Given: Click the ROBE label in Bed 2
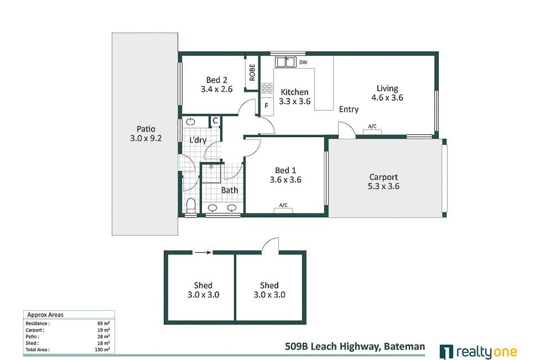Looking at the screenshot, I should (x=252, y=73).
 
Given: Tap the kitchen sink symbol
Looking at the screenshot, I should (x=285, y=62).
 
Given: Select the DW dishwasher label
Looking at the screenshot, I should (x=303, y=63).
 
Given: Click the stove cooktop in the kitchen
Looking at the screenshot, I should (x=267, y=88).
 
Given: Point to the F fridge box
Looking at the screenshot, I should (x=266, y=107).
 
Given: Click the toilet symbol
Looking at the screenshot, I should (x=191, y=206).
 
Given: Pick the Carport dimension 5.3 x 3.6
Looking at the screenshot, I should (x=384, y=186).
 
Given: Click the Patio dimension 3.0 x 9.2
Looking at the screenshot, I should (x=145, y=139).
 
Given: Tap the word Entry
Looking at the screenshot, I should (x=349, y=109).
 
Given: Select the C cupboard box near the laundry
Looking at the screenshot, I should (x=215, y=121).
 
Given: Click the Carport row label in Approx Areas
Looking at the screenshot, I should (x=36, y=330).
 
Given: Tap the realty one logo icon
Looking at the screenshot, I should (x=445, y=351).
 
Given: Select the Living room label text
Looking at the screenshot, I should (x=387, y=89).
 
